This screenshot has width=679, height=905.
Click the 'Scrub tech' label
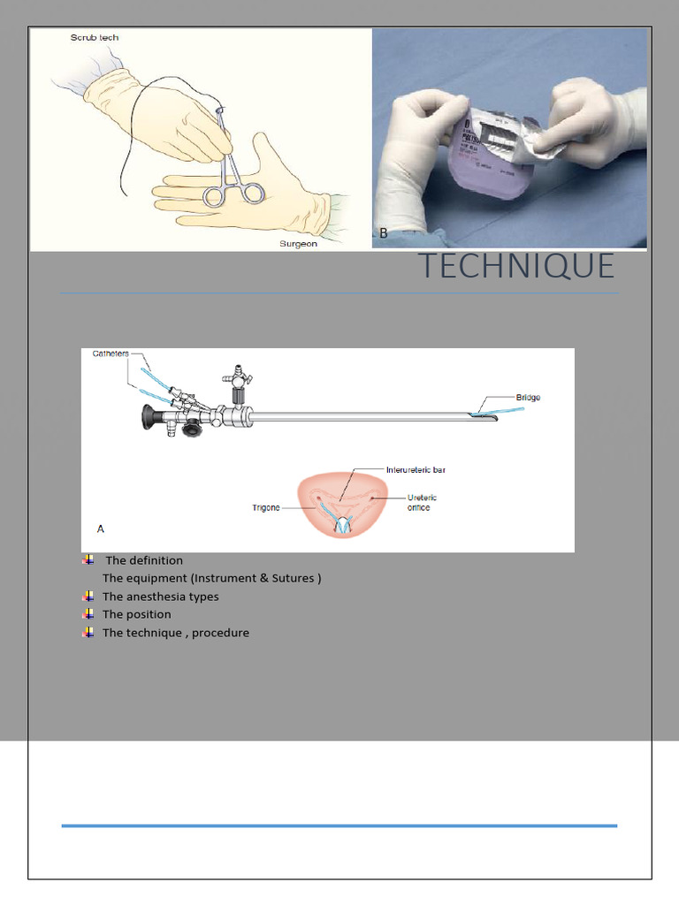click(x=95, y=38)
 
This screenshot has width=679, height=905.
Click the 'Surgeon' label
click(x=298, y=244)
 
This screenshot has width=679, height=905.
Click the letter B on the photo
click(x=384, y=233)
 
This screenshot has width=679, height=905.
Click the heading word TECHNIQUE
click(x=515, y=266)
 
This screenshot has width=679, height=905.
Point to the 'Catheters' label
click(x=111, y=354)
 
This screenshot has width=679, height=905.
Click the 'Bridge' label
click(x=528, y=398)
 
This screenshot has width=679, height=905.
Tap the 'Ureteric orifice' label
click(x=421, y=503)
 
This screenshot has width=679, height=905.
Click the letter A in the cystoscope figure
click(x=101, y=529)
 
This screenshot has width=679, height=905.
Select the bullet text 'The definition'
click(x=144, y=560)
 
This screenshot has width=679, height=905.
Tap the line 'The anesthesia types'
click(x=160, y=597)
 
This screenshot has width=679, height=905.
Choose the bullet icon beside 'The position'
click(x=88, y=614)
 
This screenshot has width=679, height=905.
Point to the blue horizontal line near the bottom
click(x=339, y=825)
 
